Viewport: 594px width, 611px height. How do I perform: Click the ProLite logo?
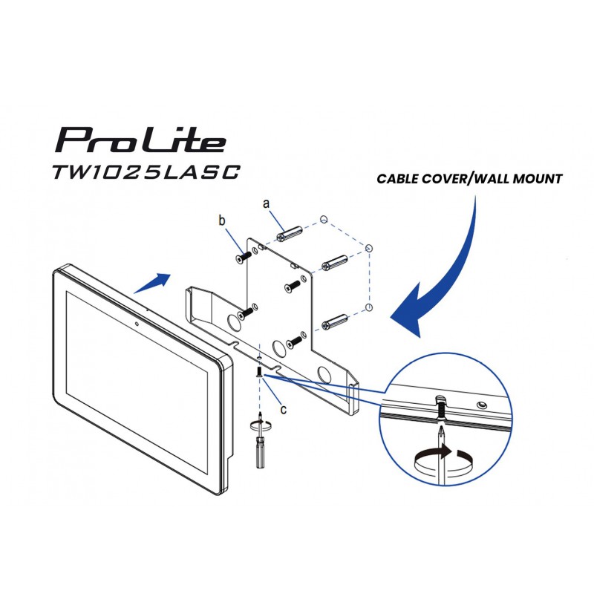point(141,140)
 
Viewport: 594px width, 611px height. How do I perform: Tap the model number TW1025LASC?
point(146,171)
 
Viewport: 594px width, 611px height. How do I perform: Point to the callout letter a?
point(267,203)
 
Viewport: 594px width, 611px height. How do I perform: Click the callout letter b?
point(222,220)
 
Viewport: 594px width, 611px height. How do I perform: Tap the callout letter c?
point(284,410)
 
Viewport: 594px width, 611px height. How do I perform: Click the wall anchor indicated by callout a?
point(290,233)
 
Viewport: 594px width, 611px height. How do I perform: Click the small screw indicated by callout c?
point(259,372)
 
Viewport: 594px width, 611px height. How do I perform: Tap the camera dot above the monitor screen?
point(137,324)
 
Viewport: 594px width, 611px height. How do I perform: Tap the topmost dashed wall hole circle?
point(323,220)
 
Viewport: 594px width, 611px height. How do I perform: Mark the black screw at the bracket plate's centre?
point(293,286)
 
